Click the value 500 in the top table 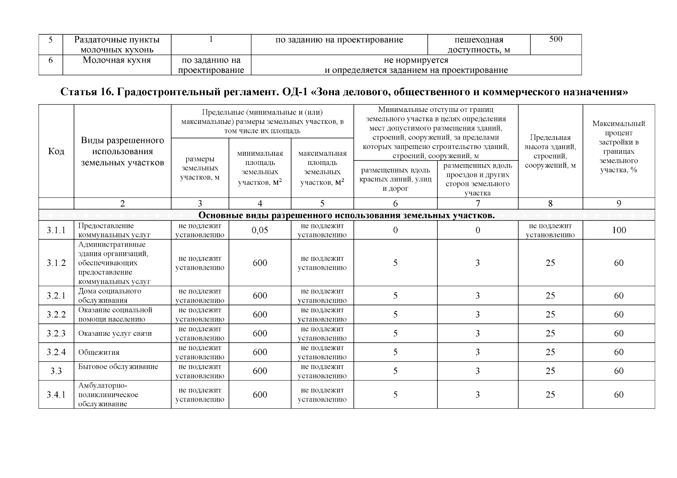point(555,39)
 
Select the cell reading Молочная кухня point(116,60)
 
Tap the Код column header point(56,151)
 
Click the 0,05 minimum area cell point(260,230)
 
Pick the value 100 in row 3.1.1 point(619,230)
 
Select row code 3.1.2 point(56,263)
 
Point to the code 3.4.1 point(56,395)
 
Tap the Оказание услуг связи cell point(115,334)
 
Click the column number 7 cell point(478,204)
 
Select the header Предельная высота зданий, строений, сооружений point(550,151)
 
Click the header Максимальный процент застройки point(618,147)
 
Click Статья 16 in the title point(83,92)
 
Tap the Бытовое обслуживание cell point(118,367)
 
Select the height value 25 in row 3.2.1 point(550,296)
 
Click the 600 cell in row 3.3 point(260,371)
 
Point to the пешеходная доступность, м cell point(479,45)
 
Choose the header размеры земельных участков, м point(200,168)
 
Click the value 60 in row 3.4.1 point(619,395)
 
